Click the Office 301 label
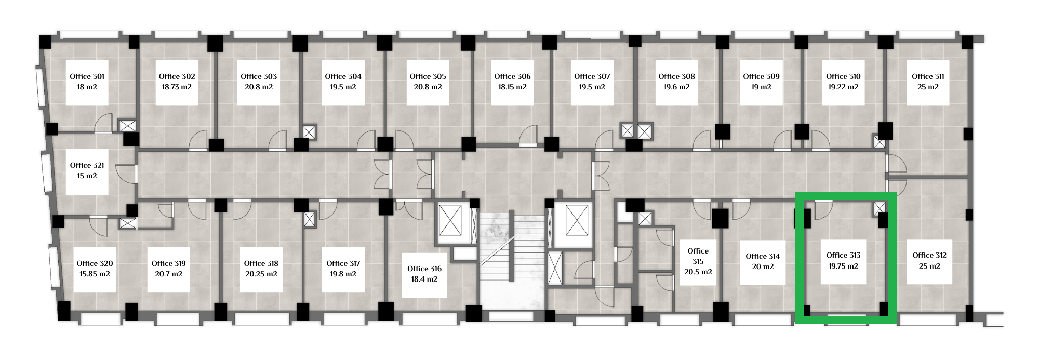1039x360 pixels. point(87,76)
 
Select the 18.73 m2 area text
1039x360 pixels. point(177,87)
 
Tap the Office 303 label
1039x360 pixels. point(259,76)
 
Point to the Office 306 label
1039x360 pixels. point(512,76)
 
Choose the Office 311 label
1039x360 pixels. point(928,76)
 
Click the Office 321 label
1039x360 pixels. point(87,165)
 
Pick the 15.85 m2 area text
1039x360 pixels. point(95,274)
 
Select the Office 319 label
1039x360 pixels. point(169,263)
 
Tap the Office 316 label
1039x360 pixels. point(424,269)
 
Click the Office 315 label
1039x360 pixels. point(698,256)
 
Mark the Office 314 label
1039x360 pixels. point(763,256)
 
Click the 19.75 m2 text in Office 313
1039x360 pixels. point(843,266)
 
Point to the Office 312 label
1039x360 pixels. point(929,255)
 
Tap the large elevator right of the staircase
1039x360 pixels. point(577,220)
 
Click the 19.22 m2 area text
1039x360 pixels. point(843,87)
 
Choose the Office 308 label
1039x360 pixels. point(676,76)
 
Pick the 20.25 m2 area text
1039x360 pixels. point(261,274)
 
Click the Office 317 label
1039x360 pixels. point(343,263)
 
